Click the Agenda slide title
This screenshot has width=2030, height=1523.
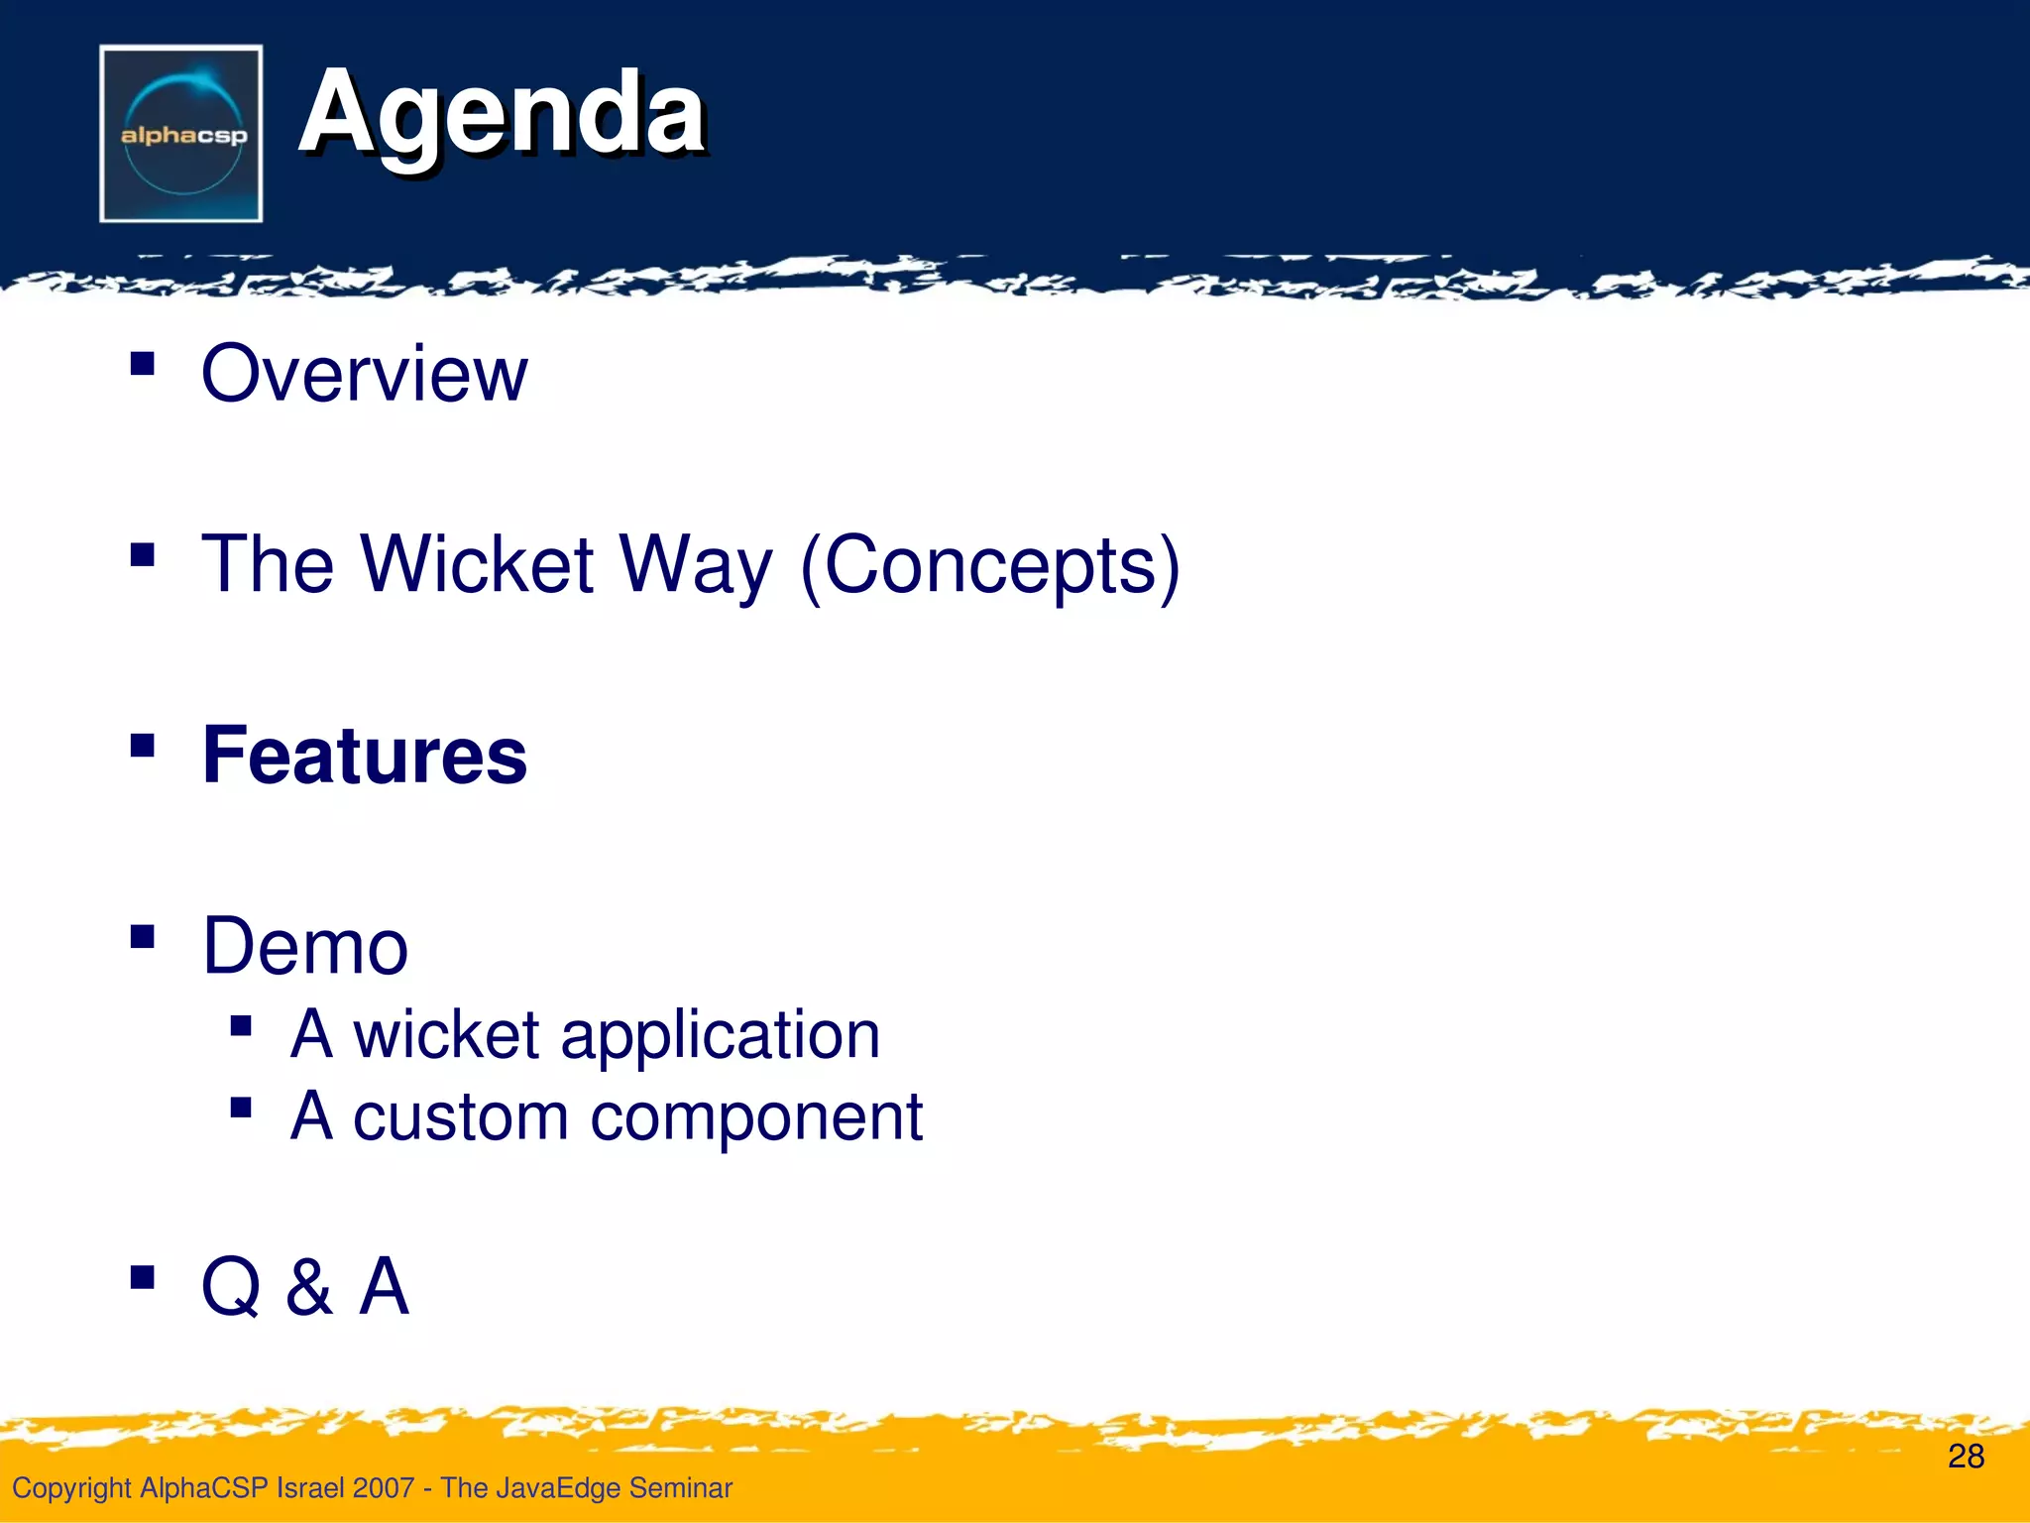coord(502,115)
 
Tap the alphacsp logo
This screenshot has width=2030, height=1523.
coord(181,134)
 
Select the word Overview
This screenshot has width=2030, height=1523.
coord(364,374)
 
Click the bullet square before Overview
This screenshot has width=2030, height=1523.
coord(143,363)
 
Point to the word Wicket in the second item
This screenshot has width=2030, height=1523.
coord(477,564)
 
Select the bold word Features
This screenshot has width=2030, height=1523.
coord(364,756)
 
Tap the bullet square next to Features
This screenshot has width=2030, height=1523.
coord(143,745)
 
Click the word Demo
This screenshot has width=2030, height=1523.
coord(304,946)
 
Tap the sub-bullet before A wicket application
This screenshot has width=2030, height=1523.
coord(240,1025)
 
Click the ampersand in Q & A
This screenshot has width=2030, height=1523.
coord(308,1287)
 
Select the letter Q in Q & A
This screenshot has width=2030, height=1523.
coord(231,1287)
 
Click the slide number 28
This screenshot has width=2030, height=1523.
coord(1966,1456)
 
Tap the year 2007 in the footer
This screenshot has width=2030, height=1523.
coord(383,1487)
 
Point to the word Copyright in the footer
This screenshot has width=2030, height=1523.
coord(71,1488)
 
